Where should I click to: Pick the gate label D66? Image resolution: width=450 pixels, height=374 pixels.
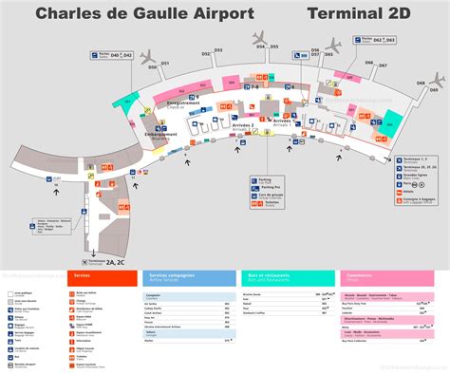369,62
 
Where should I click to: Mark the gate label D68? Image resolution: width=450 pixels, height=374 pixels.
421,84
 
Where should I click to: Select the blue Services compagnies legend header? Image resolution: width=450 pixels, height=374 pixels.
190,276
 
